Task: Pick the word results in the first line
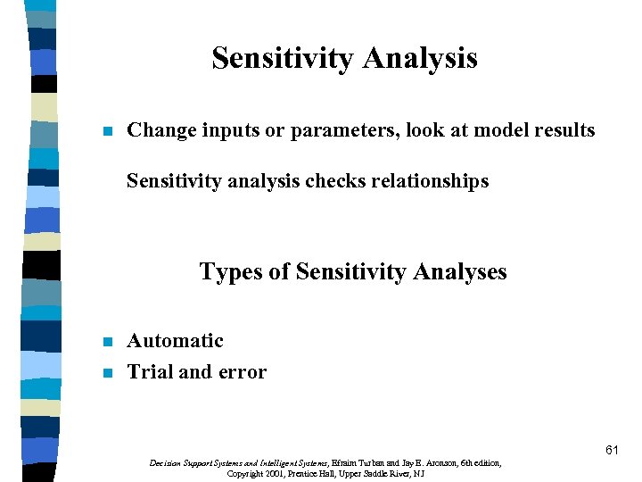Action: pyautogui.click(x=562, y=130)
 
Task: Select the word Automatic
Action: pyautogui.click(x=175, y=341)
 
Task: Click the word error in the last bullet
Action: pyautogui.click(x=243, y=372)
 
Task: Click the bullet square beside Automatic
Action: pyautogui.click(x=108, y=342)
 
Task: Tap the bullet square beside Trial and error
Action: pyautogui.click(x=108, y=373)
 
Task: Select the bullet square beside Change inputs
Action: pyautogui.click(x=108, y=131)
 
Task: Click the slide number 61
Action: pyautogui.click(x=611, y=450)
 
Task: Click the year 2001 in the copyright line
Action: pyautogui.click(x=275, y=473)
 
